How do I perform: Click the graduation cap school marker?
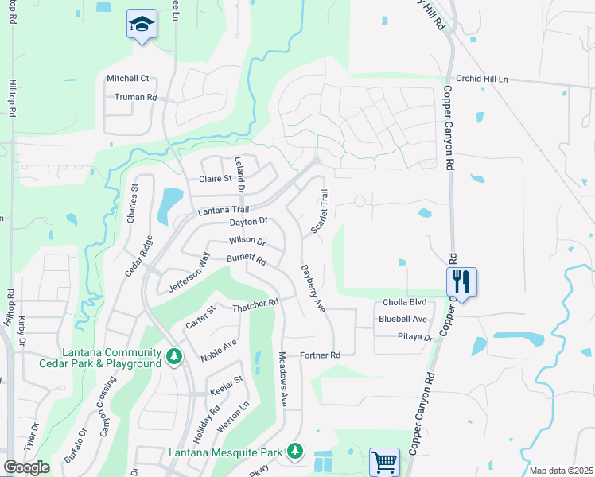coord(142,26)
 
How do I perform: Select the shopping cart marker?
coord(384,460)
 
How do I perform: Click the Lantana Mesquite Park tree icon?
coord(295,452)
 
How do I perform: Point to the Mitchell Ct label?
coord(128,79)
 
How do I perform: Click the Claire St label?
coord(215,179)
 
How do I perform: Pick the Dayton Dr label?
coord(248,223)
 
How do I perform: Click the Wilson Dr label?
coord(247,240)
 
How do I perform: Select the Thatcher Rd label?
coord(255,304)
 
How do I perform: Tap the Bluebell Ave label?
coord(403,319)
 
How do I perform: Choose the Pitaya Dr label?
coord(414,337)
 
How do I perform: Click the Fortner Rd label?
coord(320,355)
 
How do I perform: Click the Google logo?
coord(26,467)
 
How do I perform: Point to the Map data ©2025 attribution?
coord(560,471)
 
